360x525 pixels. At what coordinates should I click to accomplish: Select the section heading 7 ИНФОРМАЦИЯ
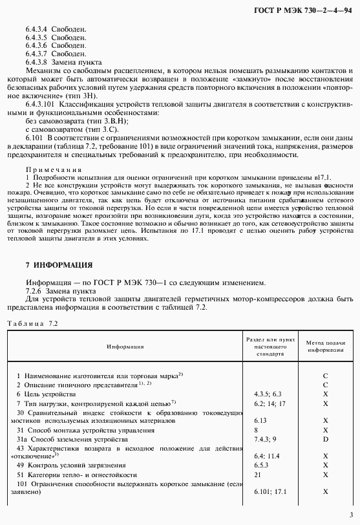pyautogui.click(x=59, y=264)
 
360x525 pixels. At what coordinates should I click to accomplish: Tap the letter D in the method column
pyautogui.click(x=325, y=439)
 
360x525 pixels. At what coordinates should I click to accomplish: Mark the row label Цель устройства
pyautogui.click(x=47, y=393)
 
